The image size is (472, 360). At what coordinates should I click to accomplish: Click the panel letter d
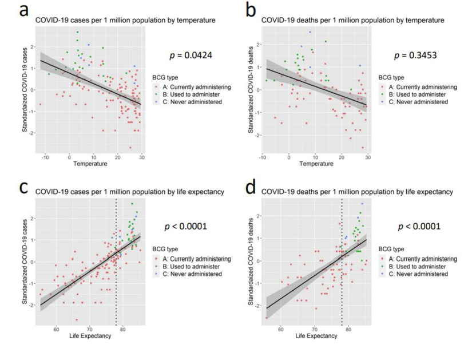click(250, 189)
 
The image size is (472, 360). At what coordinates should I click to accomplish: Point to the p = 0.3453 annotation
click(414, 56)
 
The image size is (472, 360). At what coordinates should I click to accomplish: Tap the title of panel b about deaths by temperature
click(352, 20)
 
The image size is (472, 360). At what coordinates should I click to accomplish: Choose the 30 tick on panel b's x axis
click(367, 157)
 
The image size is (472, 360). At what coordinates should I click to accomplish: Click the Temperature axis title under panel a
click(92, 164)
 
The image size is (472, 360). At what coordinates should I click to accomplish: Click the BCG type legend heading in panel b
click(390, 77)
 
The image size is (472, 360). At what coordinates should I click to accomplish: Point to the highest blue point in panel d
click(362, 204)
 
